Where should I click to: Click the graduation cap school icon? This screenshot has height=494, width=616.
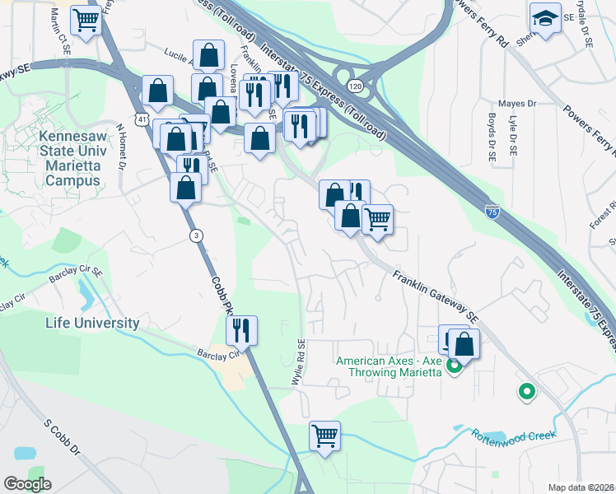click(x=545, y=18)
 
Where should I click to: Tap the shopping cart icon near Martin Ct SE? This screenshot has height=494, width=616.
click(x=86, y=21)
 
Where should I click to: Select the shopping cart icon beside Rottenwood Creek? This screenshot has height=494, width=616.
click(x=324, y=436)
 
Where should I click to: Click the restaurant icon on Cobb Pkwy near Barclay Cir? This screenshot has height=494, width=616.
click(x=241, y=331)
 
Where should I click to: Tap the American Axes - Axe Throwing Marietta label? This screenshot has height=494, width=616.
click(x=389, y=366)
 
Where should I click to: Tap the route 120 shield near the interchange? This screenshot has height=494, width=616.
click(x=355, y=86)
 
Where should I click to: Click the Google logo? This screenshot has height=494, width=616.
click(x=28, y=483)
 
